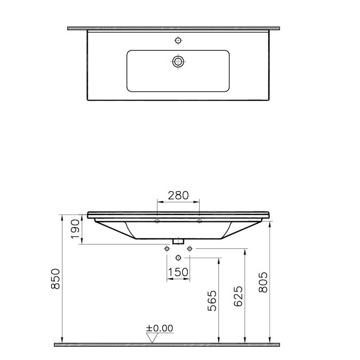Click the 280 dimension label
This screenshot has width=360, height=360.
point(178,195)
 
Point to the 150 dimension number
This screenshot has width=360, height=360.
point(178,272)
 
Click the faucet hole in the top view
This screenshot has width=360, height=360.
point(178,40)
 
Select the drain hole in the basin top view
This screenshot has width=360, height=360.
point(178,61)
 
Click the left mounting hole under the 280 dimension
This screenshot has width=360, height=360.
point(157,221)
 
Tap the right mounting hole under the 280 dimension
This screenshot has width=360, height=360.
point(199,221)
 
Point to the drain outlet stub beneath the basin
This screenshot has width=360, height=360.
point(178,241)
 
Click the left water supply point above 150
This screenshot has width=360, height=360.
point(167,248)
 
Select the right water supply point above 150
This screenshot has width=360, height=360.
point(189,248)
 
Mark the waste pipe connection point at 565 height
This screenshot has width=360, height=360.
point(178,258)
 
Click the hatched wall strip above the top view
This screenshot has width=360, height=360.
point(174,28)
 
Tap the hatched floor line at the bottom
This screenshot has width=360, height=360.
point(167,344)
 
